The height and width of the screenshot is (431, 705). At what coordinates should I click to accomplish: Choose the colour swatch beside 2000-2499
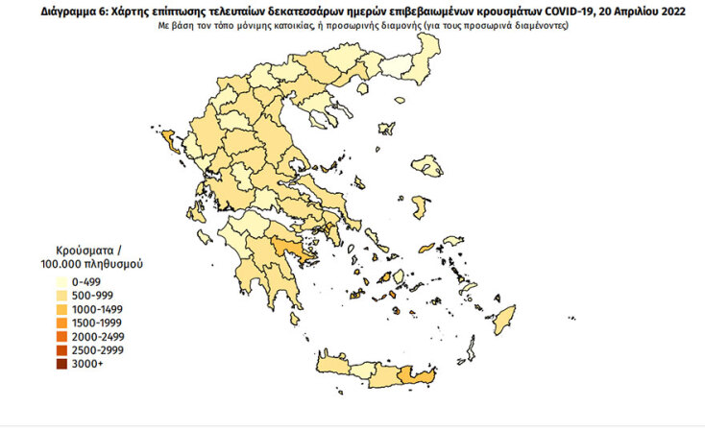coord(62,337)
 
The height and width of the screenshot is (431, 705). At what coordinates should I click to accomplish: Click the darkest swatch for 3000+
coord(62,364)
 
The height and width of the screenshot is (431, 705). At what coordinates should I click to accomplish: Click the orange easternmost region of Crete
coord(416,379)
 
